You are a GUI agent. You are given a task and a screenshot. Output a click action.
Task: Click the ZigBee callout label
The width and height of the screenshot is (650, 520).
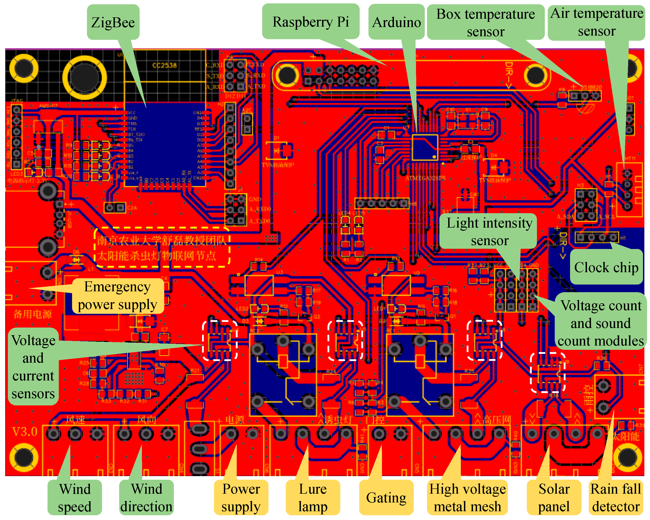[113, 22]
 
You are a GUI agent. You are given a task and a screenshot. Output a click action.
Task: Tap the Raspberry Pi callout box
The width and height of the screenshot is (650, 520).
[311, 21]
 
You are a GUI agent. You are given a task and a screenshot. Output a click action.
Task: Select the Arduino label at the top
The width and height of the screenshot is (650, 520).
[396, 22]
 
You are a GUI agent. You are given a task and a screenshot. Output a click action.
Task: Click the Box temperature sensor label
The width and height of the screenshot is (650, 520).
[485, 23]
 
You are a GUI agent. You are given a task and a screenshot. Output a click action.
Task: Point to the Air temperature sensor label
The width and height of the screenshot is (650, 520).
[596, 22]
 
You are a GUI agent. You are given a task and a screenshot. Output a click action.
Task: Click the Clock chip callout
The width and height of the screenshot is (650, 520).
[606, 267]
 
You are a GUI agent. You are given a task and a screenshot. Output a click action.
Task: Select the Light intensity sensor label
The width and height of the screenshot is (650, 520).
[489, 231]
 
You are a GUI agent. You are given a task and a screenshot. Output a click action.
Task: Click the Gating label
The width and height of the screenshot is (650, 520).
[386, 497]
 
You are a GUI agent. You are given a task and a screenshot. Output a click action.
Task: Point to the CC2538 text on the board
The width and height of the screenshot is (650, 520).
[164, 65]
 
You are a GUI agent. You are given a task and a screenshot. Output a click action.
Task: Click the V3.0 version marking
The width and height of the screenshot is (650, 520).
[25, 432]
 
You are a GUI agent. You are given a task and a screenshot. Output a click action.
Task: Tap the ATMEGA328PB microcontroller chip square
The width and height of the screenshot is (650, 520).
[425, 148]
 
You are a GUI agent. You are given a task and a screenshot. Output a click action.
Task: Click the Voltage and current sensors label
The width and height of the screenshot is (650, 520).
[33, 367]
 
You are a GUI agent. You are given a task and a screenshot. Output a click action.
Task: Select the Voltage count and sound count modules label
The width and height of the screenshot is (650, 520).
[600, 323]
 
